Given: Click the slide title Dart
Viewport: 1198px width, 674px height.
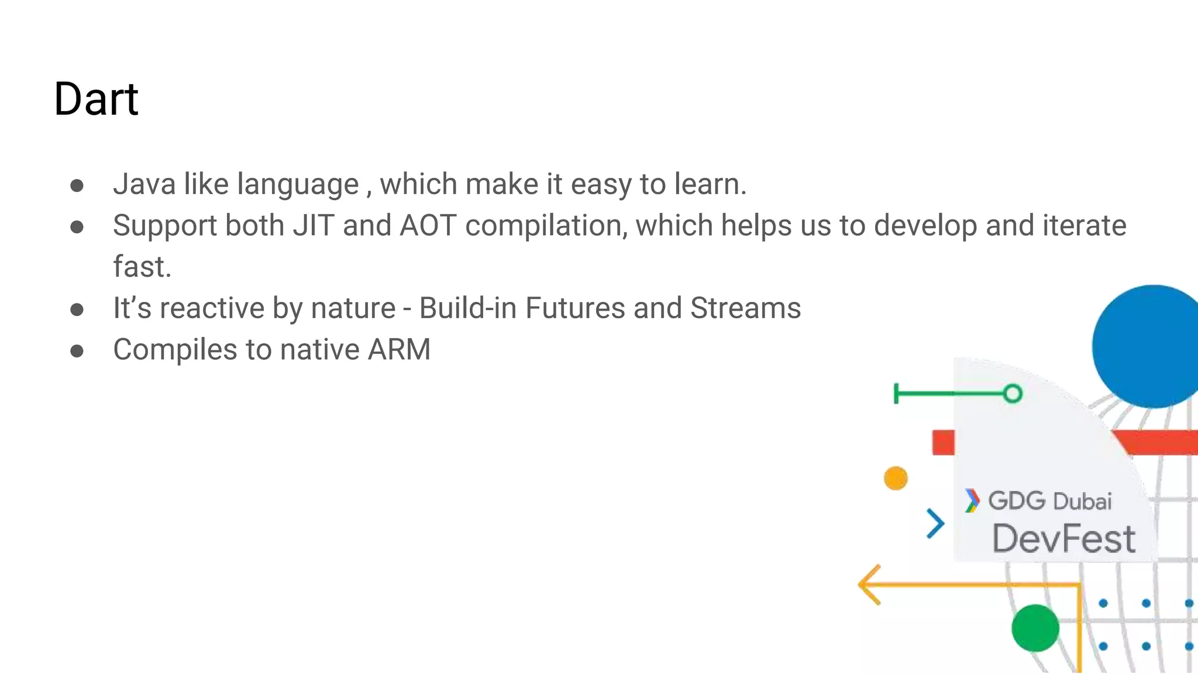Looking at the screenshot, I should pos(96,99).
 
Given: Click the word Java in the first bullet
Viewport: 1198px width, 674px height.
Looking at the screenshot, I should pos(144,184).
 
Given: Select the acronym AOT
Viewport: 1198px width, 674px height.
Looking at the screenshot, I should pos(428,226).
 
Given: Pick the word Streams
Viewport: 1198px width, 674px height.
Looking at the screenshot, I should pos(745,308).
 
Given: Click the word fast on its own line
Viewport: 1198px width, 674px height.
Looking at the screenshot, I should pos(142,267).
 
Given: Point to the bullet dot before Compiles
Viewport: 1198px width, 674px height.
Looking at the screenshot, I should pos(77,351).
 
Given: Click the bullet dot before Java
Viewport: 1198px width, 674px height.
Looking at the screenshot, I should pos(77,186).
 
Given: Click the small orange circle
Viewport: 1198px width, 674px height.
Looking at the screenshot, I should pos(896,478).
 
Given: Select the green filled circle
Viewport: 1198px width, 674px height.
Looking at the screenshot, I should pos(1035,628).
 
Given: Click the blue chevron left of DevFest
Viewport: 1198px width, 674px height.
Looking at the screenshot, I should pos(935,523).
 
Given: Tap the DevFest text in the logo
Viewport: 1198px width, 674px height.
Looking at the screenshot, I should pos(1063,539).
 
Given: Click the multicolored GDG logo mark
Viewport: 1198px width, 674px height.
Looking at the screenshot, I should pos(972,501).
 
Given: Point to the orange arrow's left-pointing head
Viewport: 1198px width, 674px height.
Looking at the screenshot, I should pos(869,584).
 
